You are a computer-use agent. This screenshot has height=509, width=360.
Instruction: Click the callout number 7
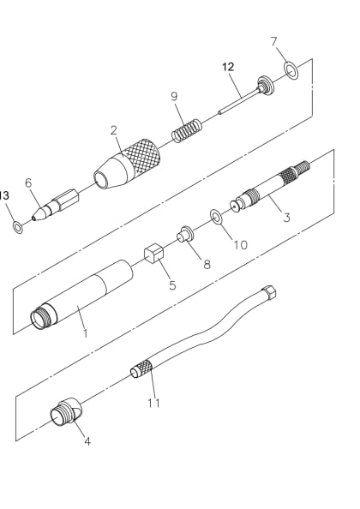273,41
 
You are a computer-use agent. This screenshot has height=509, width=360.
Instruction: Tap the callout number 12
227,66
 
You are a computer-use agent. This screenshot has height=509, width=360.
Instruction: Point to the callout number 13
4,195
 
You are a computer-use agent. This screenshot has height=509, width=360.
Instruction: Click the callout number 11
154,403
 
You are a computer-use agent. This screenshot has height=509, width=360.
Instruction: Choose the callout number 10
240,244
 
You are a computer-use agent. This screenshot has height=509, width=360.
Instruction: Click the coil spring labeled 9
188,132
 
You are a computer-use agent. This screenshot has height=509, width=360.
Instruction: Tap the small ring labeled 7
290,69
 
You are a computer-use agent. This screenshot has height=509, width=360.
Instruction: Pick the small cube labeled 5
154,254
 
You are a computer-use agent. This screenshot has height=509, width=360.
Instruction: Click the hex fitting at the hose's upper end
270,292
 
